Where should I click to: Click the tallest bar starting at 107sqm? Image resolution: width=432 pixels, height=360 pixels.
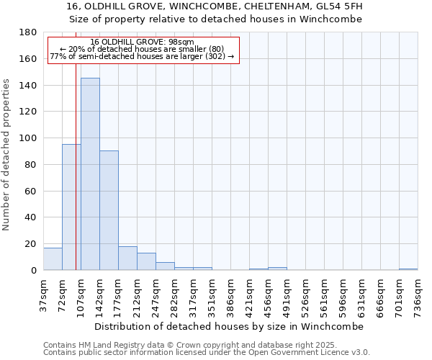tap(90, 174)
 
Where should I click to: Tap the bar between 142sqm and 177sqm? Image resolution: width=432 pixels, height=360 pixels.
tap(109, 210)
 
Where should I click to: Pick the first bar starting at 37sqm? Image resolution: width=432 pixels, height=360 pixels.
tap(53, 259)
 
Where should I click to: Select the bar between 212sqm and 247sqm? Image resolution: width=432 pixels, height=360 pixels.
tap(146, 261)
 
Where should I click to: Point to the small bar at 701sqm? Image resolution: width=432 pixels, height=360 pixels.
tap(408, 269)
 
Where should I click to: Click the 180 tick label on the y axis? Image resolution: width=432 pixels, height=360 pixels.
tap(28, 32)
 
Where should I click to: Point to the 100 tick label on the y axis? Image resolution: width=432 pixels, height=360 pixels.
tap(28, 138)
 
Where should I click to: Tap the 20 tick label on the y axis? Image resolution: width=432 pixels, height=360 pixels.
tap(31, 244)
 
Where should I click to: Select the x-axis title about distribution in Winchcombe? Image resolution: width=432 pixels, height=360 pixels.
tap(230, 326)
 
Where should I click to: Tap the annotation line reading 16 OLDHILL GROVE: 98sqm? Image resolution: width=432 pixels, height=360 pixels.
tap(142, 42)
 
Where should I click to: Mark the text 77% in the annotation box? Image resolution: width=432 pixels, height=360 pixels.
tap(57, 56)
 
